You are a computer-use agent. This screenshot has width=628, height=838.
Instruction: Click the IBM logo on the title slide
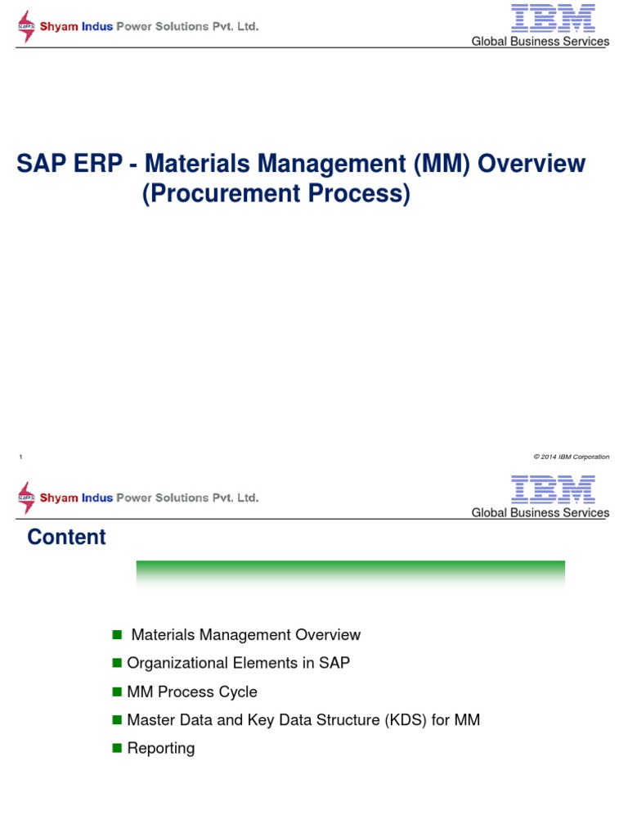553,18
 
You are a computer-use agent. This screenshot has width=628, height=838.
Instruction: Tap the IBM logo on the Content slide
553,489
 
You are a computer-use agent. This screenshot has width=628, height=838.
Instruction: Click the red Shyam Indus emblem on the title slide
27,26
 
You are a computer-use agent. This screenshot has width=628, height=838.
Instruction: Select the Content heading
66,537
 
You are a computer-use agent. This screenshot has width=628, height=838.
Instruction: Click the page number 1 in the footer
20,457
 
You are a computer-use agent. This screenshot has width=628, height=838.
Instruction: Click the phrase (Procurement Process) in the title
276,195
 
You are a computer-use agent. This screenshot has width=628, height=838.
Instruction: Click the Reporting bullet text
161,748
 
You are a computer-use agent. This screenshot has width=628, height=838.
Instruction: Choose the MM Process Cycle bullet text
192,692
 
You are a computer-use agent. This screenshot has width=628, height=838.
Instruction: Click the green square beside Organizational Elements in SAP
117,663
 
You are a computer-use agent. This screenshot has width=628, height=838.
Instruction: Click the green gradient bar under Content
350,570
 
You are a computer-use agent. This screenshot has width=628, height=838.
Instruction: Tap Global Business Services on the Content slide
540,513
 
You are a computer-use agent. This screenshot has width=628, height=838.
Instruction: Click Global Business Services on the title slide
540,42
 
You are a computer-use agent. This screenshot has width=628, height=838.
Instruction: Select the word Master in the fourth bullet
150,720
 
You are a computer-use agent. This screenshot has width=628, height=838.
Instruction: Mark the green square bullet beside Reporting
117,748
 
